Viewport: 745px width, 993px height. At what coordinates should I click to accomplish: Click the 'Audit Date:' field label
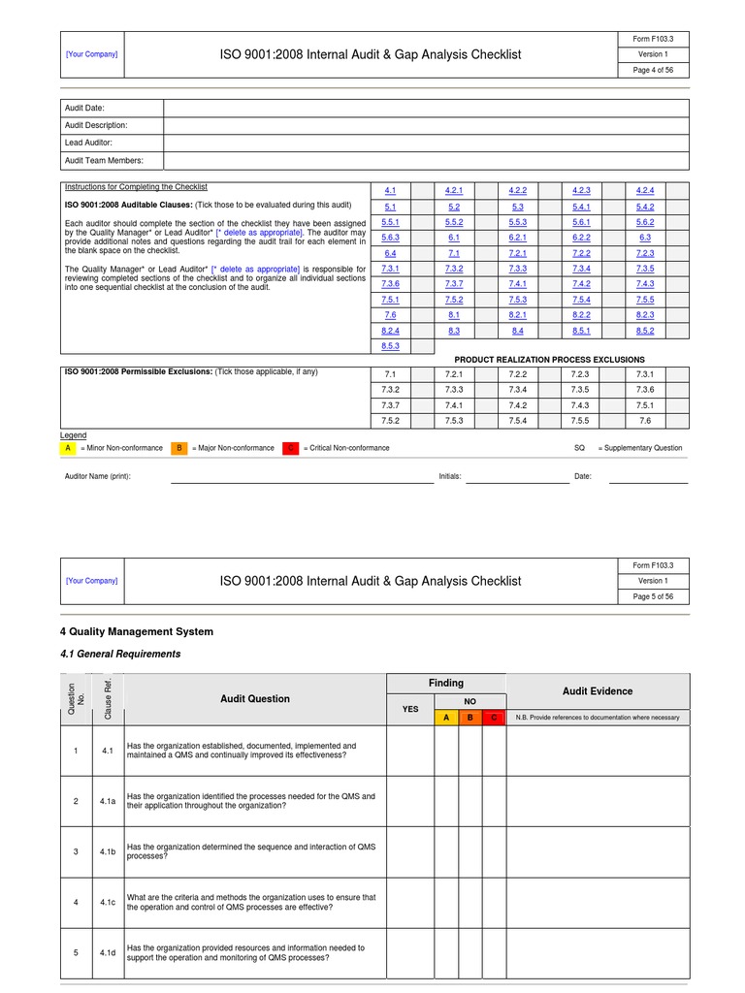(84, 108)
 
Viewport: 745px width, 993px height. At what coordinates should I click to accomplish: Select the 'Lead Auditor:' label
(88, 143)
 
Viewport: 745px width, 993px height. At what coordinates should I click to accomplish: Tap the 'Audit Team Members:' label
(104, 160)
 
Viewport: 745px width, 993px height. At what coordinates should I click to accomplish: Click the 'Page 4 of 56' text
(654, 71)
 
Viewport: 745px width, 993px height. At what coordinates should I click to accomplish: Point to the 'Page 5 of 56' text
(654, 597)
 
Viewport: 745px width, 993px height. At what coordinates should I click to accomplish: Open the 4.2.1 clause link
(454, 190)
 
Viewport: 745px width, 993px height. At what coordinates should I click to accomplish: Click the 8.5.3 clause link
(391, 346)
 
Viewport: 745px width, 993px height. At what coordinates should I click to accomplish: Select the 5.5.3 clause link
(517, 222)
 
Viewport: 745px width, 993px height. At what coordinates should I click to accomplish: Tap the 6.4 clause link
(391, 253)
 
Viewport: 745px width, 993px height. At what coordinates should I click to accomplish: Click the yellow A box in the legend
(68, 448)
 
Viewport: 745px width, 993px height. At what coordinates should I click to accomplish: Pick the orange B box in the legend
(179, 448)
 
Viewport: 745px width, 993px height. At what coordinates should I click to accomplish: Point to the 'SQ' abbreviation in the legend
(580, 448)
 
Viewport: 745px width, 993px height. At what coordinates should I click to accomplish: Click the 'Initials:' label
(450, 477)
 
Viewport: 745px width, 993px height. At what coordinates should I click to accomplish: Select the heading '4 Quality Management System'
(137, 631)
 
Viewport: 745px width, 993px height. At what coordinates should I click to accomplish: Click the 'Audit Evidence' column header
(598, 691)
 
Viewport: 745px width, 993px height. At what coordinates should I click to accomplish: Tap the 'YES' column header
(410, 709)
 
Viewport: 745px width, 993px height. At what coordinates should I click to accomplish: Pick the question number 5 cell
(75, 953)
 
